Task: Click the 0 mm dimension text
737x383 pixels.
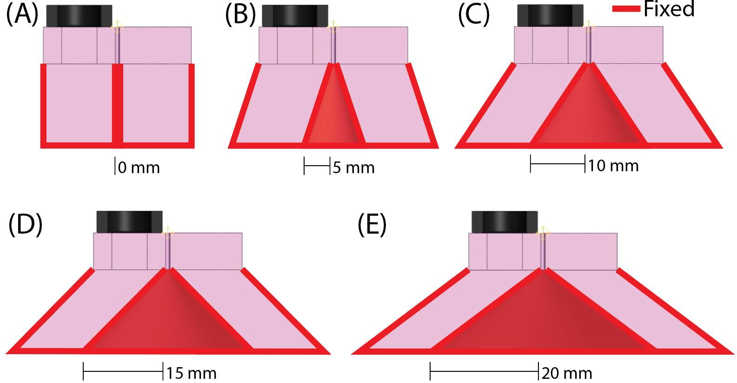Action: tap(139, 168)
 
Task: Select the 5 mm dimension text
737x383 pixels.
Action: tap(354, 168)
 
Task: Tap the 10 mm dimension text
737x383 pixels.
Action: tap(613, 166)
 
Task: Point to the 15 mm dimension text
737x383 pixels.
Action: tap(192, 373)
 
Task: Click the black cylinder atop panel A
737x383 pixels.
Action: tap(79, 16)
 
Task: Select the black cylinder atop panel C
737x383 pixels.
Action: tap(551, 15)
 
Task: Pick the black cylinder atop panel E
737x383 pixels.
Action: tap(505, 222)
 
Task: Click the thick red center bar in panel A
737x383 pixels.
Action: tap(118, 105)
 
